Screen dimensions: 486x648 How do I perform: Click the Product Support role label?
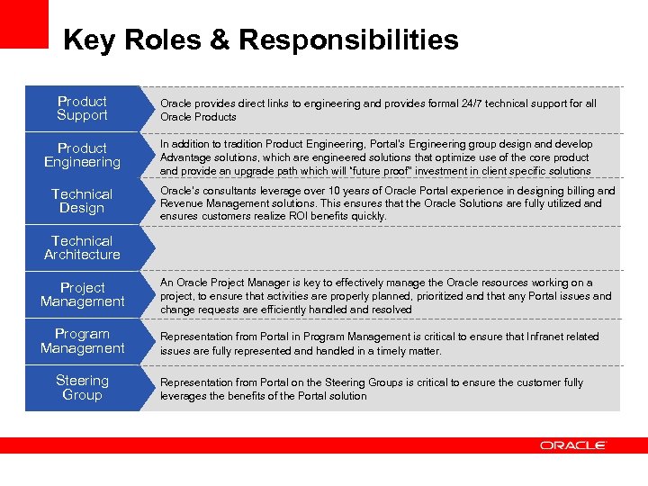click(x=82, y=109)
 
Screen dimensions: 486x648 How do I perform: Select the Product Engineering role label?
click(x=82, y=156)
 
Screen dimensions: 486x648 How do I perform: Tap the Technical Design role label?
click(x=82, y=202)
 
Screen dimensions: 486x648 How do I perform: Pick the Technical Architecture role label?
click(x=82, y=248)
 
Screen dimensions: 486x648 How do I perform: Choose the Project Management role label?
click(x=82, y=295)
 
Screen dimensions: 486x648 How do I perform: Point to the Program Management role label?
click(x=82, y=341)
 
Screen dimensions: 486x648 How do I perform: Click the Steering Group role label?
click(x=82, y=388)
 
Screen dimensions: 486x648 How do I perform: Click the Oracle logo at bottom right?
click(x=573, y=445)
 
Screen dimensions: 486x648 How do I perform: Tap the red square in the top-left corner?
click(x=23, y=23)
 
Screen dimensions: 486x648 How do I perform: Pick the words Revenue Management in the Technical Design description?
click(x=213, y=203)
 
